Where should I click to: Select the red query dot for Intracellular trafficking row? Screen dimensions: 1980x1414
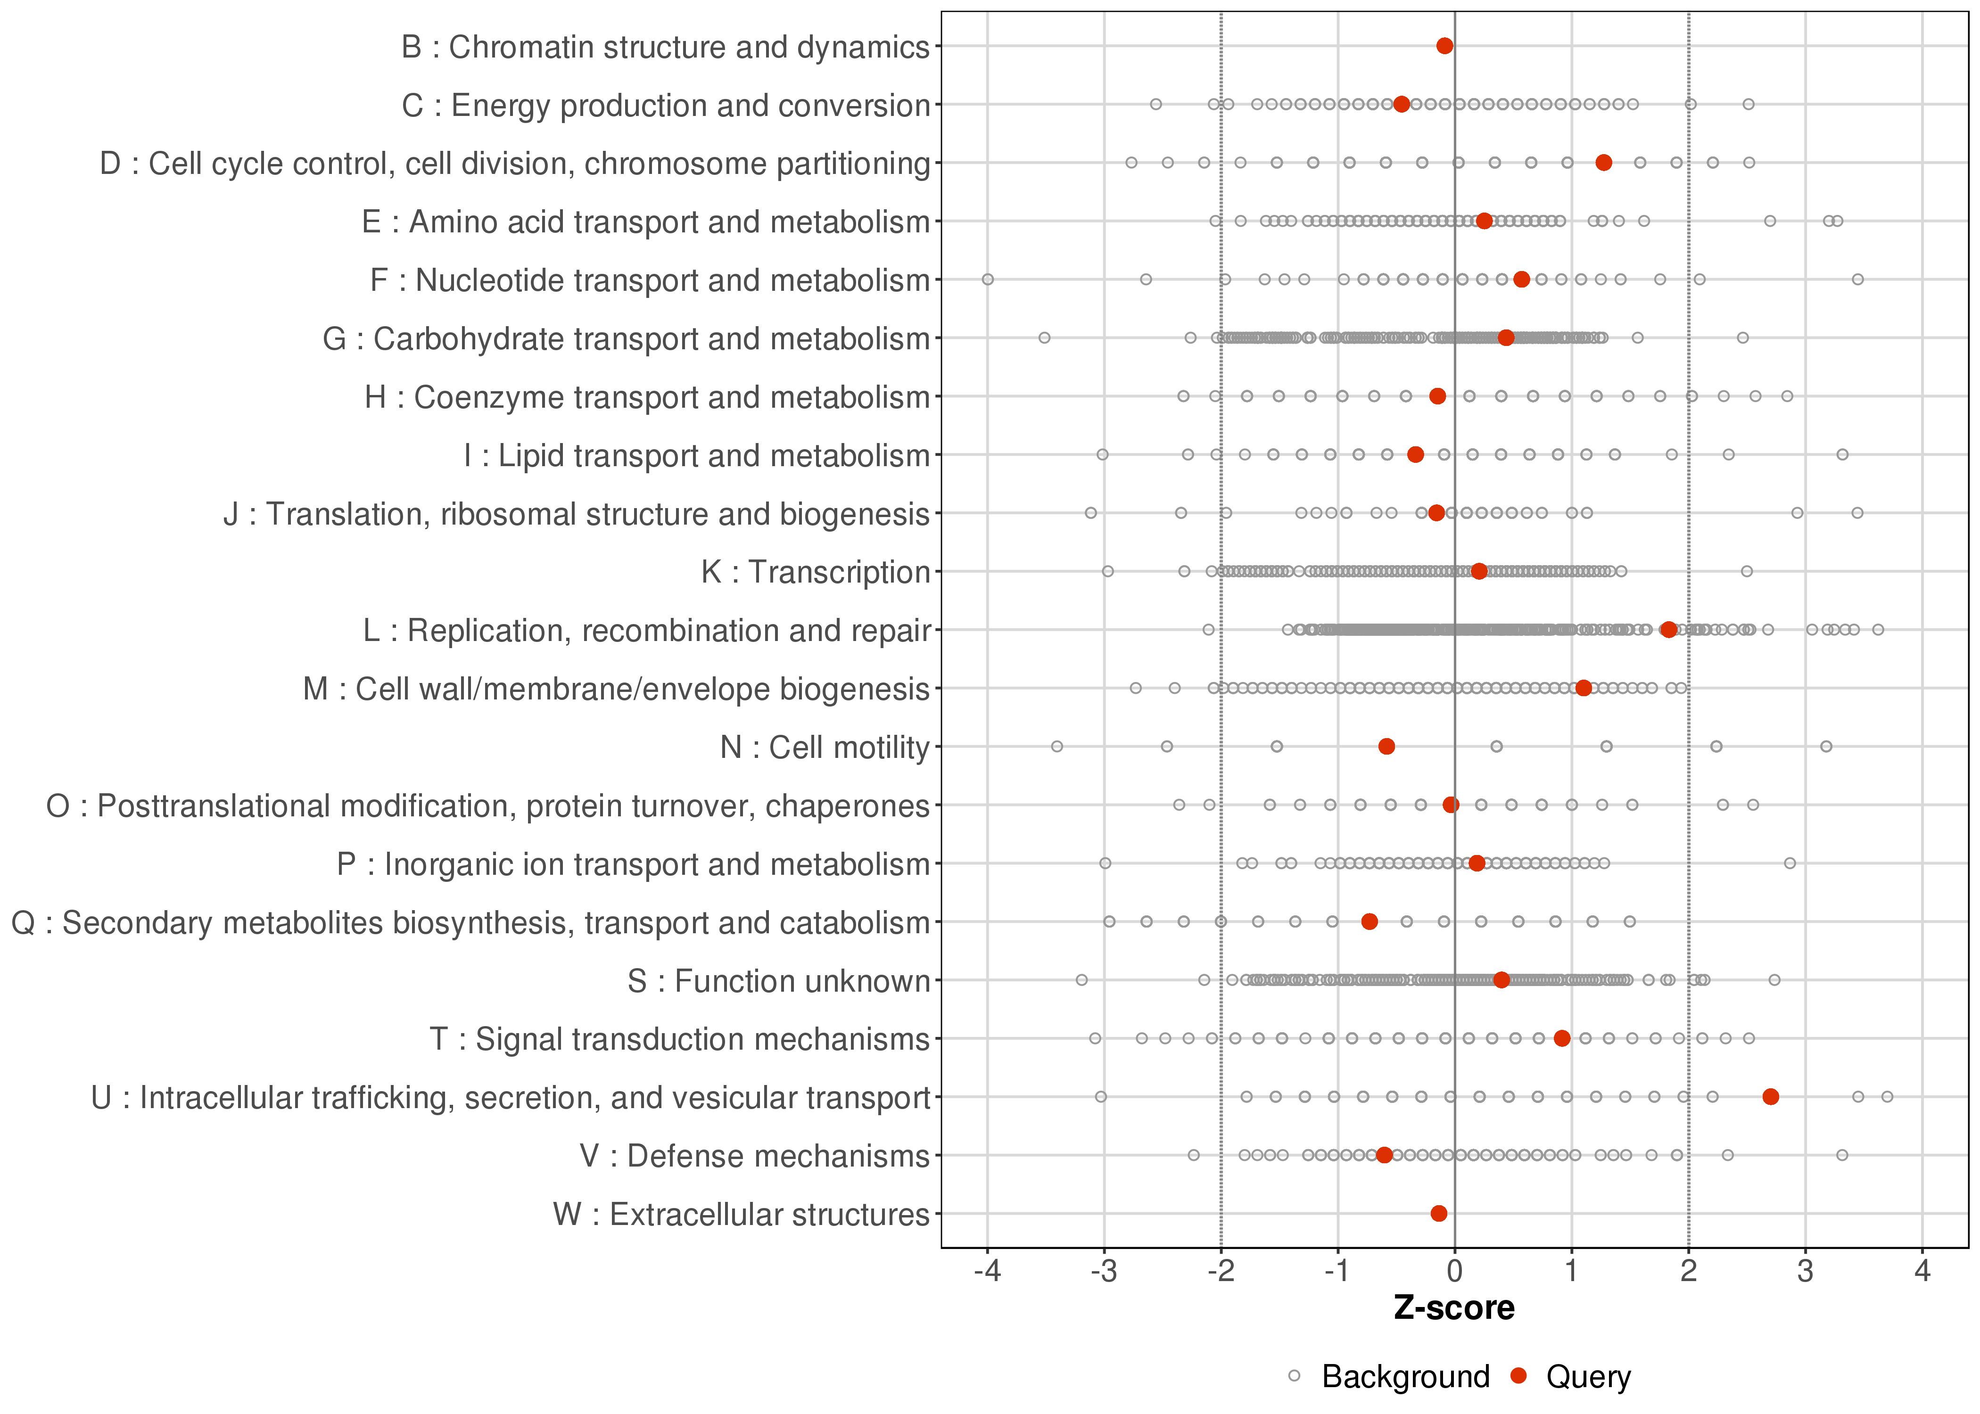point(1770,1096)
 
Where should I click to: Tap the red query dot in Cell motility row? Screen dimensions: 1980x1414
point(1387,746)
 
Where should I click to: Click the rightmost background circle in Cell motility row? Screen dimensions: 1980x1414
point(1826,746)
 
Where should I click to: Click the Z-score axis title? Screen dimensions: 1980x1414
point(1454,1308)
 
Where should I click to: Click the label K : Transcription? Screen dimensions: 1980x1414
point(816,572)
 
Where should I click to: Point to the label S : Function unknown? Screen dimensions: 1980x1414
point(778,980)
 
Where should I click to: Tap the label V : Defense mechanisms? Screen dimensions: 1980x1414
point(755,1155)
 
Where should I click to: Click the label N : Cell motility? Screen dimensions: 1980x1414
point(825,747)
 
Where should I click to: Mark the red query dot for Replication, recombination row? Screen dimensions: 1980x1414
point(1668,630)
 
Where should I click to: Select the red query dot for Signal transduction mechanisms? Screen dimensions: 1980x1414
point(1562,1038)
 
